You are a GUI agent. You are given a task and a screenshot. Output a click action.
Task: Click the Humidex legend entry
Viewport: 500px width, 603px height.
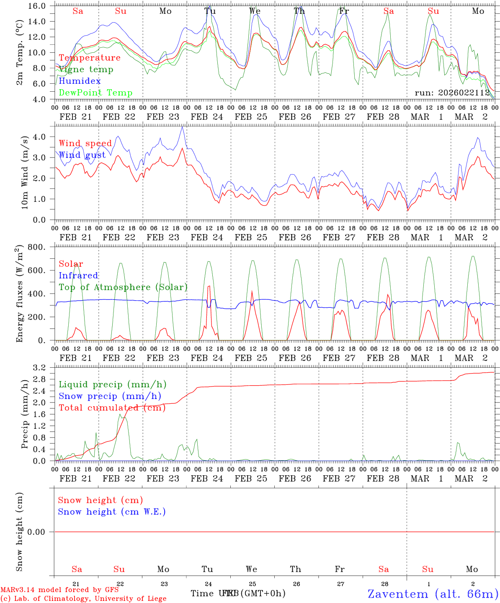pos(80,81)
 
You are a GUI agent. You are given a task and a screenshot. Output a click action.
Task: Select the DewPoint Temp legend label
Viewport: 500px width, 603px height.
pos(95,93)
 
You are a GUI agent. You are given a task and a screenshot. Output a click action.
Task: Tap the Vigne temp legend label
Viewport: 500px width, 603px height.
pos(86,69)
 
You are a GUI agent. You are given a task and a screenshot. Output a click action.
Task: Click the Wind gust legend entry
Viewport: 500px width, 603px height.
pos(82,155)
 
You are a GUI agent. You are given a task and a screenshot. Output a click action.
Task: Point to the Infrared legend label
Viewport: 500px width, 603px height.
pos(78,276)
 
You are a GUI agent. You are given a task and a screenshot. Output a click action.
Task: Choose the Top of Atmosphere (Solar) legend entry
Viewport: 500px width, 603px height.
pos(123,287)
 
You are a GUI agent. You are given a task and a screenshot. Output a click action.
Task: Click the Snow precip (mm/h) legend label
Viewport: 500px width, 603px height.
pos(110,396)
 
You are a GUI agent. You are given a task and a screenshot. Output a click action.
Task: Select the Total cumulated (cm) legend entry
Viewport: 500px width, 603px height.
pos(112,407)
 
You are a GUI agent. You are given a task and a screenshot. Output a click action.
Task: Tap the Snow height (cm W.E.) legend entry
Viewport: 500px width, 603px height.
pos(112,512)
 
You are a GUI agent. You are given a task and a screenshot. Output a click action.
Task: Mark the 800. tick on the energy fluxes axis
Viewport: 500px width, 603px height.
pos(37,247)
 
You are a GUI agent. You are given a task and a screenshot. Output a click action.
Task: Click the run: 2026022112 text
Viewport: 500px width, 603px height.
pos(452,93)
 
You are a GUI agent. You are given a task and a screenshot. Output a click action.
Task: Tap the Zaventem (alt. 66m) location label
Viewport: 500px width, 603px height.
pos(433,594)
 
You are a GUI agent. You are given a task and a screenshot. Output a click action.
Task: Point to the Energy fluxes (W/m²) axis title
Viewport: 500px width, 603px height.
pos(19,294)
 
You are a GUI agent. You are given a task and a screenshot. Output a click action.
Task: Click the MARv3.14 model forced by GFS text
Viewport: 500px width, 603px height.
pos(59,590)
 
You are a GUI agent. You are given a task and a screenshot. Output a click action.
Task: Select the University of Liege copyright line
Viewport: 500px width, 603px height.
pos(83,599)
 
